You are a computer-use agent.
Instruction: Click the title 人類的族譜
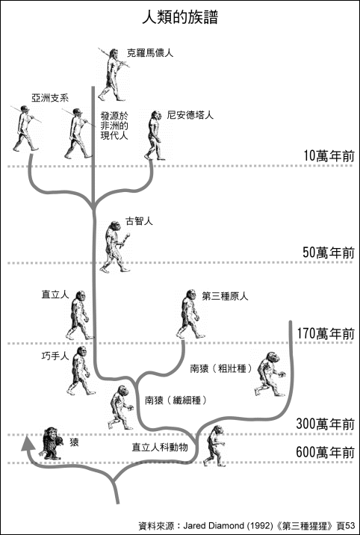(x=180, y=17)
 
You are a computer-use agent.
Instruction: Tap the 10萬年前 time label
(x=329, y=155)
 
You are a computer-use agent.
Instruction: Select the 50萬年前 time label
(x=329, y=253)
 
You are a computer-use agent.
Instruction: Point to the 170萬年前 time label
(x=326, y=333)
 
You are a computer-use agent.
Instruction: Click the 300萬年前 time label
(x=325, y=424)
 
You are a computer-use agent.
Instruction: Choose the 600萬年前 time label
(x=325, y=453)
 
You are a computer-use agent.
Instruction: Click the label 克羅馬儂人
(x=150, y=53)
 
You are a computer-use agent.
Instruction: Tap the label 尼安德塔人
(x=190, y=115)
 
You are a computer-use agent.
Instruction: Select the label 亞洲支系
(x=50, y=98)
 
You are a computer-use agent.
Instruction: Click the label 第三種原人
(x=225, y=296)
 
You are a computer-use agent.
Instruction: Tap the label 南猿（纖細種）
(x=177, y=401)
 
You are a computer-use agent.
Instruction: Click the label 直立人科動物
(x=160, y=447)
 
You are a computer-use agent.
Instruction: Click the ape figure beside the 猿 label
(x=51, y=443)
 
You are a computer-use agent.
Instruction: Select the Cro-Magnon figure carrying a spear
(x=114, y=75)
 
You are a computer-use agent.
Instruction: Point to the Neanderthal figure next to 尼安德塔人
(x=155, y=135)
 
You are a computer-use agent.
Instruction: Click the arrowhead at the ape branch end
(x=27, y=443)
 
